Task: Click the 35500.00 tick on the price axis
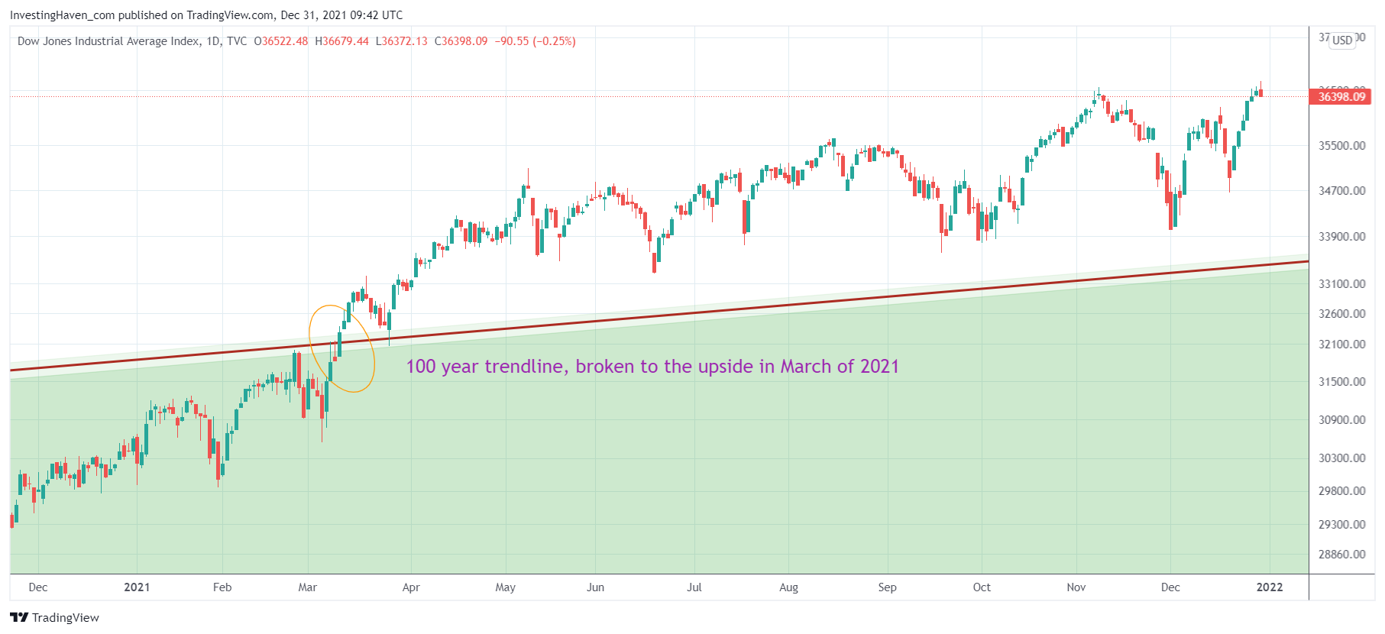pyautogui.click(x=1341, y=145)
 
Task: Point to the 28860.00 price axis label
pyautogui.click(x=1341, y=554)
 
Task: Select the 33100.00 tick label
pyautogui.click(x=1341, y=283)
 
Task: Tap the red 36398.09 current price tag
pyautogui.click(x=1341, y=96)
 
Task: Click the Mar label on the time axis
pyautogui.click(x=307, y=587)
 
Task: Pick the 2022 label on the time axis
pyautogui.click(x=1270, y=587)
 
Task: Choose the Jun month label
pyautogui.click(x=595, y=587)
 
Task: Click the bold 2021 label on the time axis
pyautogui.click(x=137, y=587)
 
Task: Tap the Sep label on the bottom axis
pyautogui.click(x=887, y=587)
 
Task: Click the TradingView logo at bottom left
pyautogui.click(x=55, y=617)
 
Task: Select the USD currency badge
pyautogui.click(x=1342, y=40)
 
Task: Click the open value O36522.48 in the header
pyautogui.click(x=281, y=41)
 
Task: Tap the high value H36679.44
pyautogui.click(x=341, y=41)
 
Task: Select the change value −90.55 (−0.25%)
pyautogui.click(x=535, y=41)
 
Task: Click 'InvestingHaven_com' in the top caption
pyautogui.click(x=60, y=15)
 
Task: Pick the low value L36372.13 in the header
pyautogui.click(x=401, y=41)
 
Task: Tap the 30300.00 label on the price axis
pyautogui.click(x=1341, y=458)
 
